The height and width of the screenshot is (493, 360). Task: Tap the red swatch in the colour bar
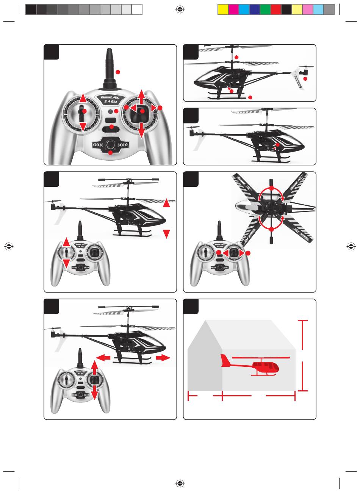[x=275, y=9]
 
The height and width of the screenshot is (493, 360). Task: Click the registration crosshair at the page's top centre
[x=180, y=9]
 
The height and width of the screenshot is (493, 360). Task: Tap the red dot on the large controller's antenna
[x=118, y=72]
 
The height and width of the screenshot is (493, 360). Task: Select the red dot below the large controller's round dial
[x=110, y=153]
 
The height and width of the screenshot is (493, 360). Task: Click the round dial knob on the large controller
[x=110, y=144]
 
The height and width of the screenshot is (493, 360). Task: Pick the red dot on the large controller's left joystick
[x=84, y=111]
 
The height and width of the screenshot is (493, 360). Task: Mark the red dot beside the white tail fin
[x=305, y=78]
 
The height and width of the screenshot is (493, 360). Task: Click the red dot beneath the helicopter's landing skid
[x=250, y=98]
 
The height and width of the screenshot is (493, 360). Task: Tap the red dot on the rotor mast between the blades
[x=236, y=57]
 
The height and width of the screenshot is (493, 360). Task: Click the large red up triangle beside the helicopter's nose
[x=166, y=204]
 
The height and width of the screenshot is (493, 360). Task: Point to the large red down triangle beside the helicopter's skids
[x=166, y=234]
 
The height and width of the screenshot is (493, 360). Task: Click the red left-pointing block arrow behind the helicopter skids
[x=103, y=357]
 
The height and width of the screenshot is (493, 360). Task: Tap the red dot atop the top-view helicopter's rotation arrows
[x=272, y=188]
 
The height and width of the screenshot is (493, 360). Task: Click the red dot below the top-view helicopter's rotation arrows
[x=272, y=229]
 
